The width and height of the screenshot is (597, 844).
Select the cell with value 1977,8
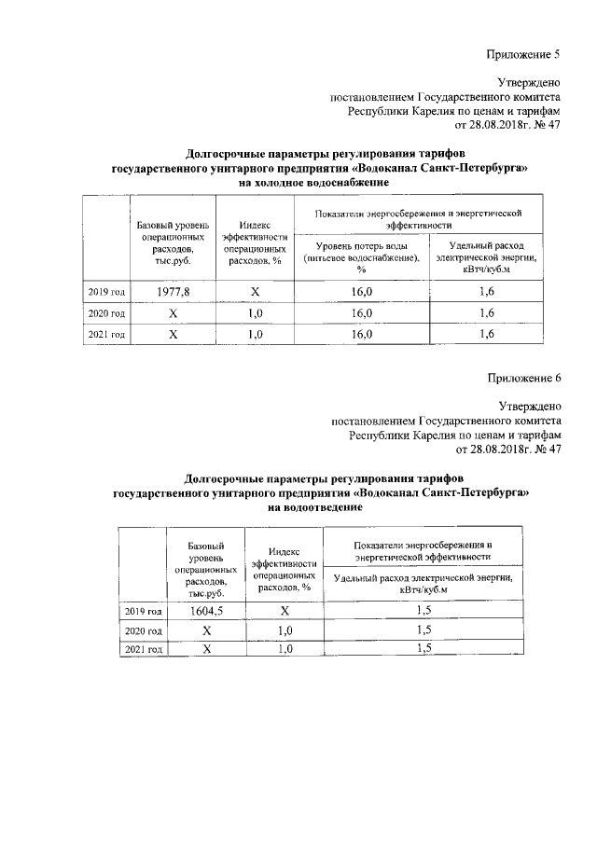click(172, 292)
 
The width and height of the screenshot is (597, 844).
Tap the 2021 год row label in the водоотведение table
click(144, 649)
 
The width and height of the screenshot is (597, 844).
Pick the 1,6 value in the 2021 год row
click(486, 334)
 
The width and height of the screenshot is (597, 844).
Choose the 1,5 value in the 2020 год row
click(423, 630)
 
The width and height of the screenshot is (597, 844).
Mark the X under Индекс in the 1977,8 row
click(255, 292)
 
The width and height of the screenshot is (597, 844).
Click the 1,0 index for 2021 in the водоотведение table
click(285, 649)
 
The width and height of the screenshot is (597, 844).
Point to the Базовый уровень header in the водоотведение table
click(204, 567)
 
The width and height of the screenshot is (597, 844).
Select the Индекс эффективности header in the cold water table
click(255, 243)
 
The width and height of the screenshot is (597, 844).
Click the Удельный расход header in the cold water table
click(486, 257)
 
